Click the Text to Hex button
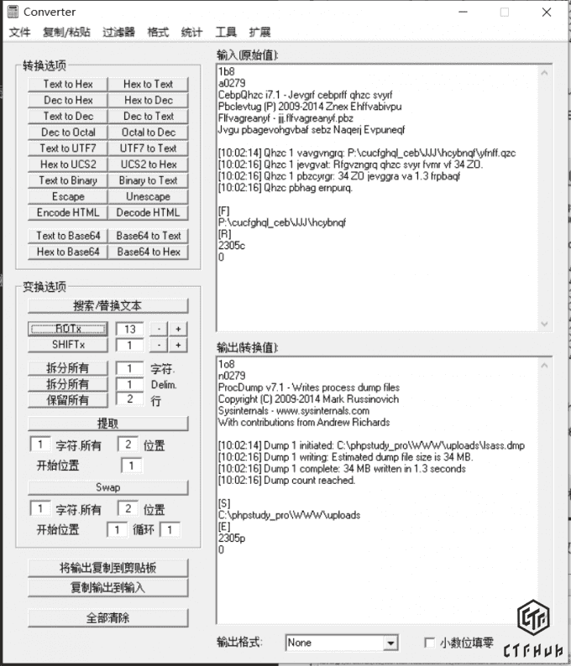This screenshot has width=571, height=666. pos(68,84)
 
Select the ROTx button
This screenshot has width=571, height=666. pos(68,328)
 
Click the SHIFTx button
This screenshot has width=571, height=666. pos(68,345)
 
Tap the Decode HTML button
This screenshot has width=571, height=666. pos(149,212)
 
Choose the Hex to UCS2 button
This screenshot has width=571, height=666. pos(68,164)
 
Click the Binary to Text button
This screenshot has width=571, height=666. pos(149,180)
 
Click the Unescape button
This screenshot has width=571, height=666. pos(149,196)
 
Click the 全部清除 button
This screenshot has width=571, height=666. pos(107,618)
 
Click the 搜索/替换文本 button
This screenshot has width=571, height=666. pos(107,305)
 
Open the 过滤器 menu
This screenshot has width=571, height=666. pos(118,32)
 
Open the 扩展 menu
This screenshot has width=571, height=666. pos(259,32)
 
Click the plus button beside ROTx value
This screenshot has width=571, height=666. pos(178,328)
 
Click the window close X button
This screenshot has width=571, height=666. pos(547,12)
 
